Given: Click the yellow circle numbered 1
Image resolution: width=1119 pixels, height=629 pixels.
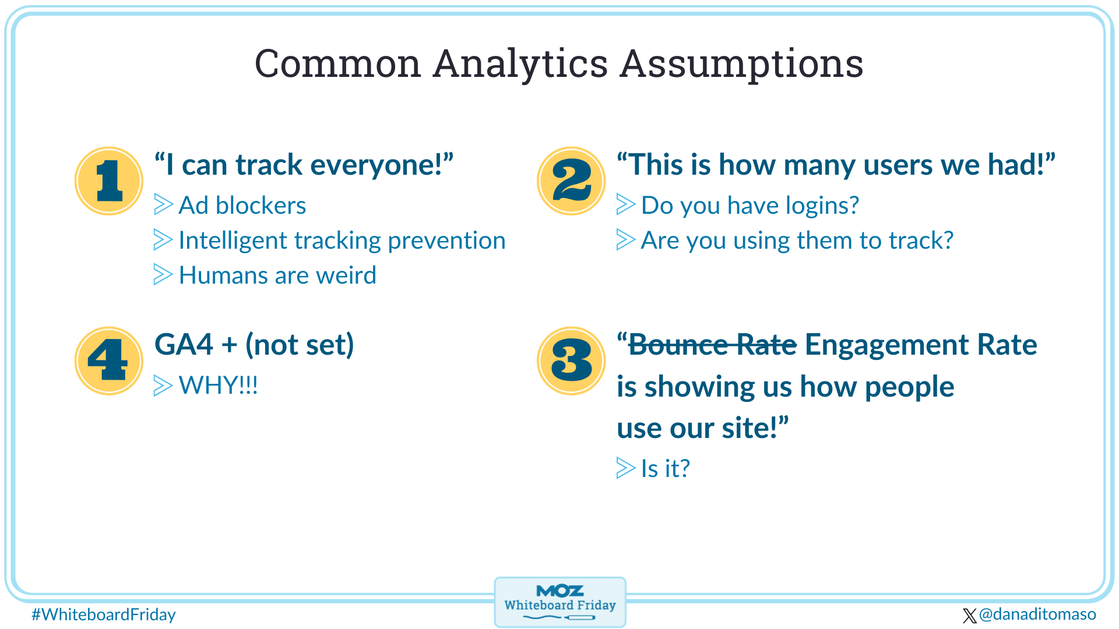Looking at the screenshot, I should pos(109,181).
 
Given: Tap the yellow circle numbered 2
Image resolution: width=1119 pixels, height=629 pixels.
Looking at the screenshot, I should pos(571,181).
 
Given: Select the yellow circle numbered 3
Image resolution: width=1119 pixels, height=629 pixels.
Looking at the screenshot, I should pos(571,361).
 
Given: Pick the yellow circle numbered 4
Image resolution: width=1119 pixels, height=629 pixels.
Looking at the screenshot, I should pos(109,361).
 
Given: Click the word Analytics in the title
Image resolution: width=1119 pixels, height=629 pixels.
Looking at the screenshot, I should pos(520,64).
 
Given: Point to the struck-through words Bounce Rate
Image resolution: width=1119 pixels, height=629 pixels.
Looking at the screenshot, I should pos(712,345).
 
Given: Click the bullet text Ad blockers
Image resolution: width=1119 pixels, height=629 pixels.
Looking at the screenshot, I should pos(242,206).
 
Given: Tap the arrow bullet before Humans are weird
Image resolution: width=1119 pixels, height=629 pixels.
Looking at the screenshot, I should pos(163,274).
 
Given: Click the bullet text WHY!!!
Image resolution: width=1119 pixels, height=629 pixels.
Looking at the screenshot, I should pos(218,386).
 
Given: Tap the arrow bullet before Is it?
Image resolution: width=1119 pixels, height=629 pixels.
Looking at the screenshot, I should pos(625,468).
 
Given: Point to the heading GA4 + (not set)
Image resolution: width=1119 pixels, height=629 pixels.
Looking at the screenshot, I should pos(254,345).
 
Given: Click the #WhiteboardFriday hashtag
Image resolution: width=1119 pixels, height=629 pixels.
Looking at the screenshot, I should pos(104,614).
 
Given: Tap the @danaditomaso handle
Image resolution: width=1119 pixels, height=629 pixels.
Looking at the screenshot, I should pos(1037,614).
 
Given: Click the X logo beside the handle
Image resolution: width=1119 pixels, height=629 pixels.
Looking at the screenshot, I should pos(969,616).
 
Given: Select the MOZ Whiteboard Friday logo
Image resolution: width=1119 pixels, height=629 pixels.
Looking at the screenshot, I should pos(559,602).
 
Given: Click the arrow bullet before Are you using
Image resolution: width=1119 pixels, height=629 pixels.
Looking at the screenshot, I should pos(625,239).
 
